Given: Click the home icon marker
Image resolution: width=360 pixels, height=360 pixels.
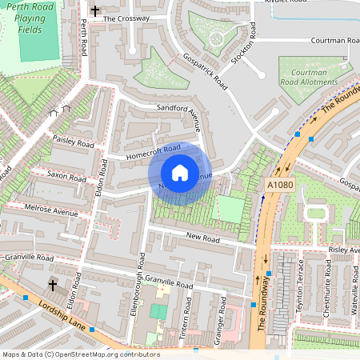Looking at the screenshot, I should (180, 173).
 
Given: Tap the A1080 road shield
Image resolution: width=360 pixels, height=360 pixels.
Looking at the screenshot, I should (275, 186).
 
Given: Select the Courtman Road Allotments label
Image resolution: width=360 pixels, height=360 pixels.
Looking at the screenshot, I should (309, 78).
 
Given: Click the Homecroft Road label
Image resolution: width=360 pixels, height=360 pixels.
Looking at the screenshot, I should (151, 152).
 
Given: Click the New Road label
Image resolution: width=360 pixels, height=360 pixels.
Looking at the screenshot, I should (202, 238).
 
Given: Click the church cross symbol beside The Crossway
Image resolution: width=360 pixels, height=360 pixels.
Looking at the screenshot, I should (95, 12).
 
